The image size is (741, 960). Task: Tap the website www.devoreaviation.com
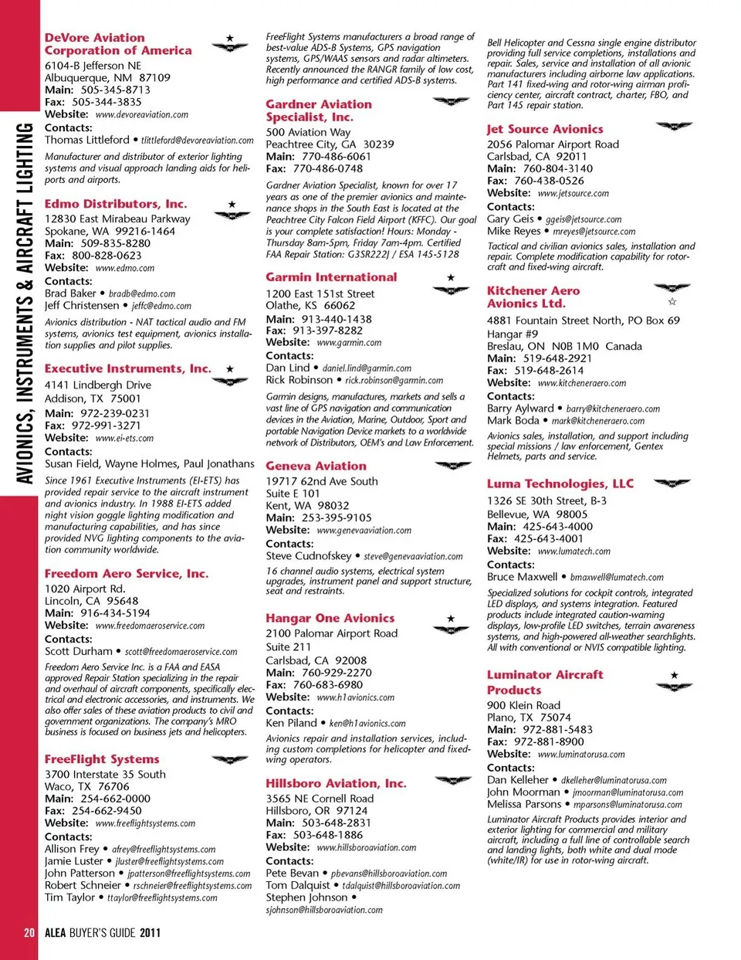coord(141,115)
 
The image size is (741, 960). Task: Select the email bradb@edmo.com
coord(142,294)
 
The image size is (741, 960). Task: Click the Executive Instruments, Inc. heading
coord(127,369)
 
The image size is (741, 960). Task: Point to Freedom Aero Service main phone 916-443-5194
coord(115,613)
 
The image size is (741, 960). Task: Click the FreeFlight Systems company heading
coord(102,760)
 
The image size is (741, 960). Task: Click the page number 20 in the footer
coord(29,933)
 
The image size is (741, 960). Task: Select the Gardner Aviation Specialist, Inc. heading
coord(318,110)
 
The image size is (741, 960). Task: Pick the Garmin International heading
coord(331,277)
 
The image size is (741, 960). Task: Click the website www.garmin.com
coord(349,343)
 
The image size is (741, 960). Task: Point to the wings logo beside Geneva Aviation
coord(452,466)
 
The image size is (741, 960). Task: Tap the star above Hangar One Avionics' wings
coord(452,619)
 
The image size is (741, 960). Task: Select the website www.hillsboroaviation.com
coord(366,848)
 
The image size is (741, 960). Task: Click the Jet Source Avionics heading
coord(545,130)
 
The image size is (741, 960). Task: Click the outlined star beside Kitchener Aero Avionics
coord(672,302)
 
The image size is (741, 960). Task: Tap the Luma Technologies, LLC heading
coord(560,484)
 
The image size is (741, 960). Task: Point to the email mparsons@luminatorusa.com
coord(628,805)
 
